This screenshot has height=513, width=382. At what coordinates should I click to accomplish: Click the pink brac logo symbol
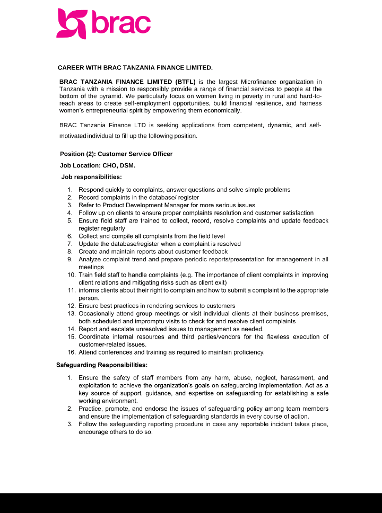click(71, 23)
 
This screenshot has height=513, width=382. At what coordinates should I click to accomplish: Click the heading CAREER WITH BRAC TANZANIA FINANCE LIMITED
click(135, 68)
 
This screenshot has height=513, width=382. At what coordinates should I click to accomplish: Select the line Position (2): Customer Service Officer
click(116, 154)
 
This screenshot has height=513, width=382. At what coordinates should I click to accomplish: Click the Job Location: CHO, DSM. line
click(94, 165)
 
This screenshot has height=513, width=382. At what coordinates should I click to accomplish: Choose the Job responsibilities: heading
click(91, 176)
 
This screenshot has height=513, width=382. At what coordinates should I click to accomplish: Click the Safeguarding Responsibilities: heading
click(102, 365)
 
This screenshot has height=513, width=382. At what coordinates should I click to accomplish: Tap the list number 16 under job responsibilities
click(71, 352)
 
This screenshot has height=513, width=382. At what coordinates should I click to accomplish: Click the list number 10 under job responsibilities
click(71, 275)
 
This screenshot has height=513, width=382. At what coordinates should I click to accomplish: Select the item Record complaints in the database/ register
click(138, 197)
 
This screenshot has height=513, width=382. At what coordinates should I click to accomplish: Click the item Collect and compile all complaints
click(151, 236)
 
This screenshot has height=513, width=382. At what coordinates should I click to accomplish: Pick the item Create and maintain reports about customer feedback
click(153, 252)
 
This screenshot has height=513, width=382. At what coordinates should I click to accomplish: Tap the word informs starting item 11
click(89, 290)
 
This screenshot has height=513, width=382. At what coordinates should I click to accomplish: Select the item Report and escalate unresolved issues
click(163, 329)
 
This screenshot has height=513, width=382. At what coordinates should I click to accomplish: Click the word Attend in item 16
click(88, 352)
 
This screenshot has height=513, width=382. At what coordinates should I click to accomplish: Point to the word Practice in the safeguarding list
click(90, 409)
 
